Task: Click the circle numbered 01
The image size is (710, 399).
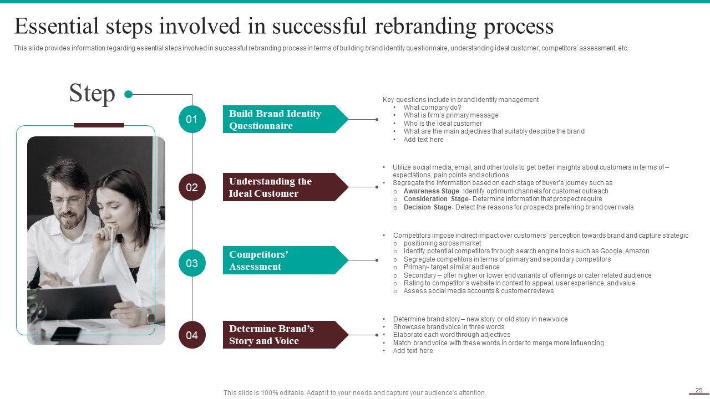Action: point(192,119)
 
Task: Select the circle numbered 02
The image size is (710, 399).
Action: point(192,187)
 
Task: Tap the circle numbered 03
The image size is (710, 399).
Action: point(192,263)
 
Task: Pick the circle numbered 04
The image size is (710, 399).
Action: point(192,335)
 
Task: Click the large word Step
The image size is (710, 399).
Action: point(92,93)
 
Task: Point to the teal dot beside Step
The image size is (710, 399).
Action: point(129,94)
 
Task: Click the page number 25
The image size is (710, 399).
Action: point(699,390)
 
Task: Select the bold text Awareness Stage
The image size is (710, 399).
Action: point(431,191)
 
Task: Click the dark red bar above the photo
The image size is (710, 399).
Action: point(99,125)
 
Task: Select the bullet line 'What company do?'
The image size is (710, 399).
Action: point(432,108)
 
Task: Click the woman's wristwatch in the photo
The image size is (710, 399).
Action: point(150,315)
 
